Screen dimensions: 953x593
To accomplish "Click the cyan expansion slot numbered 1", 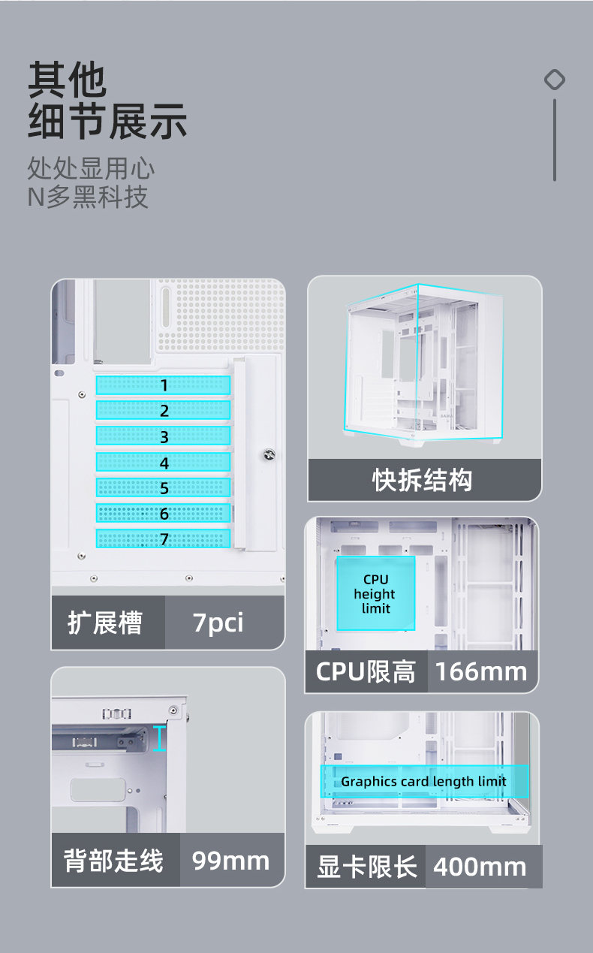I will click(x=163, y=385).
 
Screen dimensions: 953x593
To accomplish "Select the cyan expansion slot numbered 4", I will click(x=163, y=462).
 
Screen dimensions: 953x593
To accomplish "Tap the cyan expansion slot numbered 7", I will click(x=163, y=538).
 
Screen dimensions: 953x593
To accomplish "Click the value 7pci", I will click(x=218, y=623).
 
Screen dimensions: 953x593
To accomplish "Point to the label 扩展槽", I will click(x=105, y=623).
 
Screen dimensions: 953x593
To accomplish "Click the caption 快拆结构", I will click(x=423, y=480).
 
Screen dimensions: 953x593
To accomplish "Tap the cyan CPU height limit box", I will click(x=375, y=593).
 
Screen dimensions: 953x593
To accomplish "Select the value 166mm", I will click(x=481, y=671).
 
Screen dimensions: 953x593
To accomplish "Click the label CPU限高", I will click(x=366, y=671).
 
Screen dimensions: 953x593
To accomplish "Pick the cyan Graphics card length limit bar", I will click(x=425, y=782).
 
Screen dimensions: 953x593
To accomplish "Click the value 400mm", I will click(x=480, y=867).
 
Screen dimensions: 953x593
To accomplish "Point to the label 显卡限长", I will click(x=366, y=867).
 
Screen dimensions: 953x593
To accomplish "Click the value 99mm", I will click(x=230, y=860).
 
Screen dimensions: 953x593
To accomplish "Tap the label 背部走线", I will click(x=113, y=860).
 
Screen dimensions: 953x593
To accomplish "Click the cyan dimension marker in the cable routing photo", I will click(x=158, y=738).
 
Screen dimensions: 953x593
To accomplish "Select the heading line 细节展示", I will click(x=107, y=122).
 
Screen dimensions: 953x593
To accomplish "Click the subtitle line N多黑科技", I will click(x=88, y=197).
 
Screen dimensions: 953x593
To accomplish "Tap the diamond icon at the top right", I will click(x=555, y=80).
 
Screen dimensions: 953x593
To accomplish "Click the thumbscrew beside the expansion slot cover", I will click(x=268, y=454).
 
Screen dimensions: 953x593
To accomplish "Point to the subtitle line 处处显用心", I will click(x=92, y=167).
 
